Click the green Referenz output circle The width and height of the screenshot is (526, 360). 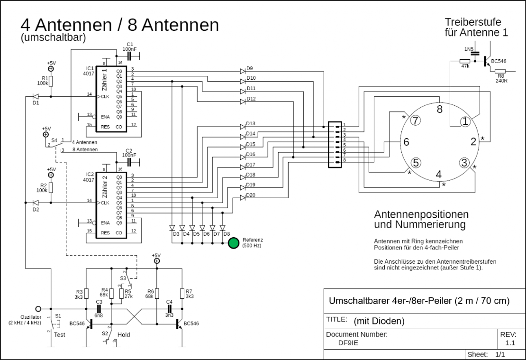point(233,243)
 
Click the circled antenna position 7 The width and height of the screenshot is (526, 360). point(416,120)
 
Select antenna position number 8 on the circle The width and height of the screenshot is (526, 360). point(439,110)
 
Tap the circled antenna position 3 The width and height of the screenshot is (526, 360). point(464,163)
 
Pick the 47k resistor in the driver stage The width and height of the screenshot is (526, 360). point(464,61)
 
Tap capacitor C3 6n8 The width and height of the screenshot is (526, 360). point(100,307)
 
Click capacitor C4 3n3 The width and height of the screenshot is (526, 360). point(168,307)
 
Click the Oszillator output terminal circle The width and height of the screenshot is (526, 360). point(38,308)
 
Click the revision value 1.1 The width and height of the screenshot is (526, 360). point(511,342)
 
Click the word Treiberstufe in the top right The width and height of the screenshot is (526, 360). point(472,22)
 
